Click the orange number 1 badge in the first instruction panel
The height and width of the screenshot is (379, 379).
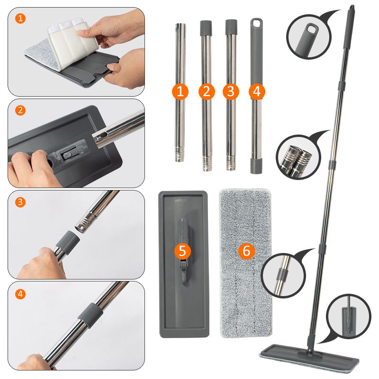20,18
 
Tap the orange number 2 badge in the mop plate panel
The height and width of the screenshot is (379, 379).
20,110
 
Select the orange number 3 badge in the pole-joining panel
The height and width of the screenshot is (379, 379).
20,202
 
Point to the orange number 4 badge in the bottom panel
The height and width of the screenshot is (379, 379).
20,294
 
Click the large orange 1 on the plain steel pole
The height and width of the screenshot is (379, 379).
180,91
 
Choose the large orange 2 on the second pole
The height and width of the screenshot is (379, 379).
207,91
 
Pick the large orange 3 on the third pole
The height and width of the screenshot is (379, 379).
231,91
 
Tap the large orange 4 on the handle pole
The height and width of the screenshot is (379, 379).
257,91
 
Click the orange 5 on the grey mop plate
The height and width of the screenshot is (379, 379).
182,251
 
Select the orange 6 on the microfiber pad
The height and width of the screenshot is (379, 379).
246,251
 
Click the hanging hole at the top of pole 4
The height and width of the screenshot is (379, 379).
256,23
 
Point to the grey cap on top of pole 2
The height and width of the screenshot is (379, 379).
206,28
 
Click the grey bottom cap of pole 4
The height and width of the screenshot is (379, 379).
256,166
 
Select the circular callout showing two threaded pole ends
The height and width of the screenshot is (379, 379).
298,157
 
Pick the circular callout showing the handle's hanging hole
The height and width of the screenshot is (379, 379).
309,37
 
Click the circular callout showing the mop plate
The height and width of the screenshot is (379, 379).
349,316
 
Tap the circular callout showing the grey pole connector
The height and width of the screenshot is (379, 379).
283,275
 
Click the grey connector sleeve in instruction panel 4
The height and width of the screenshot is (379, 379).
90,316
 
